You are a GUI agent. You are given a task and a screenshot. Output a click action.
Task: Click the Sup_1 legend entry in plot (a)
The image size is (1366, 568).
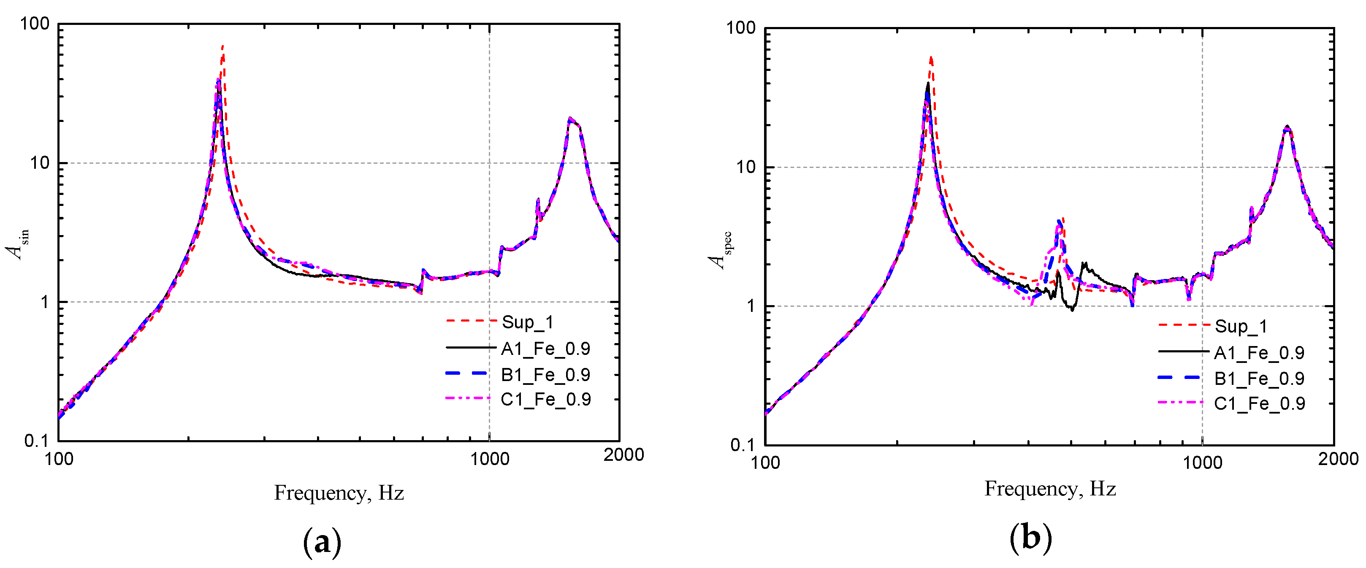(x=528, y=322)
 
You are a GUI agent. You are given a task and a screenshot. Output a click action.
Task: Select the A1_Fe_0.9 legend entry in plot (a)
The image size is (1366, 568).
(x=545, y=349)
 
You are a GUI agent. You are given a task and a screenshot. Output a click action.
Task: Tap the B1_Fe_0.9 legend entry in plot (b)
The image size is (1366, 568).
(x=1259, y=378)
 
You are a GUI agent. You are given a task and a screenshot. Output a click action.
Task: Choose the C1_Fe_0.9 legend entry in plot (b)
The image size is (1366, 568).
(x=1259, y=403)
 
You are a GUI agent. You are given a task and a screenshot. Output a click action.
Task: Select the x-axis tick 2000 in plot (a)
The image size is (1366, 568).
(x=623, y=454)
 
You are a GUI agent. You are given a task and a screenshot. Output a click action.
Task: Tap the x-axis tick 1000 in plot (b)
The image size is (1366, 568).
(x=1202, y=462)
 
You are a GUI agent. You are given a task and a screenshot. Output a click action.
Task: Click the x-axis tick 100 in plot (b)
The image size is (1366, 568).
(x=765, y=463)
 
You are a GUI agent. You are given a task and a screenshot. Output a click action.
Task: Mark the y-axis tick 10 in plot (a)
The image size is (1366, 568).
(x=40, y=163)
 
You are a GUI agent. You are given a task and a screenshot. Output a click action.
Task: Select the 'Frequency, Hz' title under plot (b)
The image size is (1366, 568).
(x=1050, y=488)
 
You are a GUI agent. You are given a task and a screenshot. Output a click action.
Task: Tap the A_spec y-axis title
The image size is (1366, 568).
(x=721, y=250)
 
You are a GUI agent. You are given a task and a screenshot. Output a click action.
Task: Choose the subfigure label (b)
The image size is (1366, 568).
(x=1030, y=538)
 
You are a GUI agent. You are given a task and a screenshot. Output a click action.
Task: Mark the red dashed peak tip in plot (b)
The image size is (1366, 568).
(x=931, y=57)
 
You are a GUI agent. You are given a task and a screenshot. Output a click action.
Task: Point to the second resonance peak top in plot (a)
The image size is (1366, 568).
(x=569, y=119)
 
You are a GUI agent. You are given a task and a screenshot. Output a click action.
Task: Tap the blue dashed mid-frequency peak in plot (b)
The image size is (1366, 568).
(x=1059, y=221)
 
